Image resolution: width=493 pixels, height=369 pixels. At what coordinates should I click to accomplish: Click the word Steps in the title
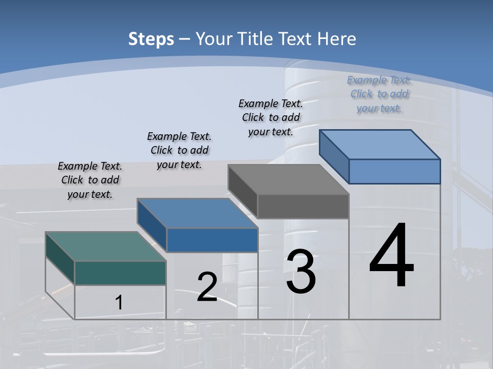click(151, 39)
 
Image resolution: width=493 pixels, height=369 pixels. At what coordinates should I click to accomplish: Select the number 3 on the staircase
click(301, 272)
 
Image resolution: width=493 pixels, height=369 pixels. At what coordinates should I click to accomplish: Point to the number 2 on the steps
click(207, 287)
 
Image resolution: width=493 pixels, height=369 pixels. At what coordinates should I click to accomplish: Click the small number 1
click(119, 302)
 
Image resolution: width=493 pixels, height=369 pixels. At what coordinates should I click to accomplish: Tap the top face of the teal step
click(105, 247)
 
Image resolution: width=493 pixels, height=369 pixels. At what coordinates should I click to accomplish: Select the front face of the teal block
click(120, 273)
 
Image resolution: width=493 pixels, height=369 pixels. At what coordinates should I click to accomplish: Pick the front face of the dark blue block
click(212, 240)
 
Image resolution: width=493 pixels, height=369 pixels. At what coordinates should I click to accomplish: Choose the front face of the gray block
click(303, 206)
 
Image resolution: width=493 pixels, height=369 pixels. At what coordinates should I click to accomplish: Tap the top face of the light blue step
click(380, 145)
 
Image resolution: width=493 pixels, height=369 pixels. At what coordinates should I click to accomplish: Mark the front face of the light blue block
click(394, 171)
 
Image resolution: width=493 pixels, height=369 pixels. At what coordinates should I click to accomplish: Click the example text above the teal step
click(90, 180)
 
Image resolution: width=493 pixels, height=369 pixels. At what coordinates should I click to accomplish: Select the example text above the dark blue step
click(179, 150)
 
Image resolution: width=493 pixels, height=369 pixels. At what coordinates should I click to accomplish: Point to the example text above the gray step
click(271, 117)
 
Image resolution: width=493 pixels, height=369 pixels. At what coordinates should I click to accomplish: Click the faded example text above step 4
click(379, 94)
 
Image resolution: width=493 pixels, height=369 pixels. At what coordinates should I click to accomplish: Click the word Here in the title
click(337, 39)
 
